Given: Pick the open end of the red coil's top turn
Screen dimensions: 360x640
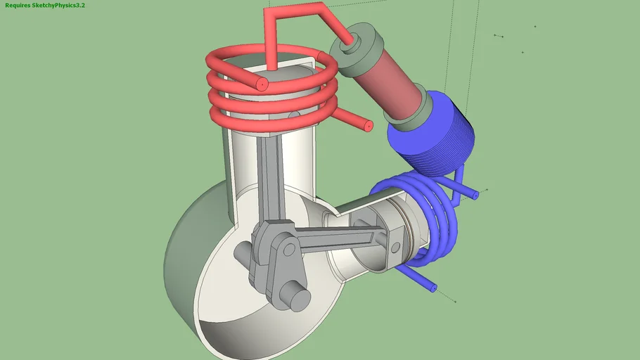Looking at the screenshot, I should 261,84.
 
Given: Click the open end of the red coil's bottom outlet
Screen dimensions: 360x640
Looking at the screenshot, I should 368,126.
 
